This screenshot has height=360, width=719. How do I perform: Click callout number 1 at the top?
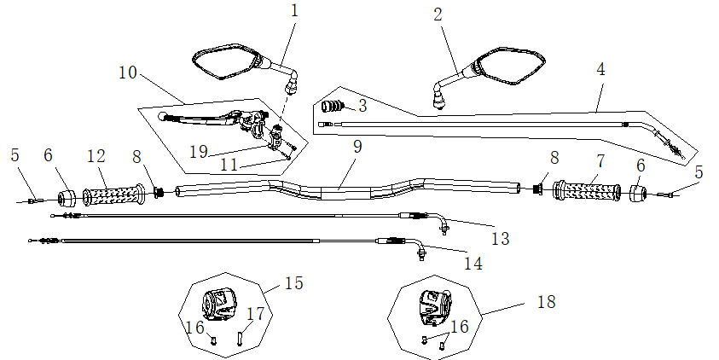pos(294,11)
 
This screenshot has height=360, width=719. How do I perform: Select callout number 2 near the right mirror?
pos(438,15)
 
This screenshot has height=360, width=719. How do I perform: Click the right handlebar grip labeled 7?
pos(589,191)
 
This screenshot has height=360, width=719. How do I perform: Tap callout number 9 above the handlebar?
pos(357,147)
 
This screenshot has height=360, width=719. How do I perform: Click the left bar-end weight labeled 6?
pos(67,200)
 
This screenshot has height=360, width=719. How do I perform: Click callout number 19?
pos(198,152)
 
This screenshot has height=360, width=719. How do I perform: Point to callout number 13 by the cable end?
pos(500,238)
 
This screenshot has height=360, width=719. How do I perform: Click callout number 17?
pos(255,315)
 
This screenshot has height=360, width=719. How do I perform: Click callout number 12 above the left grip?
pos(96,157)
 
